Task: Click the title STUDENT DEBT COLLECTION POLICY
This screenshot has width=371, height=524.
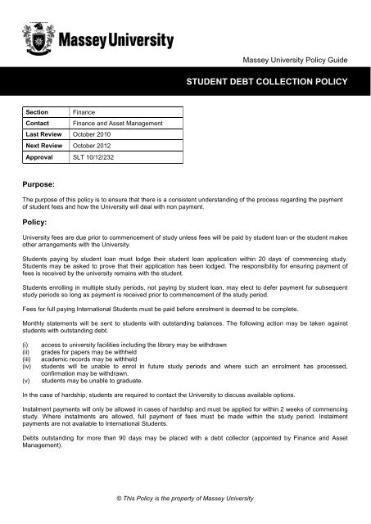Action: coord(269,81)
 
